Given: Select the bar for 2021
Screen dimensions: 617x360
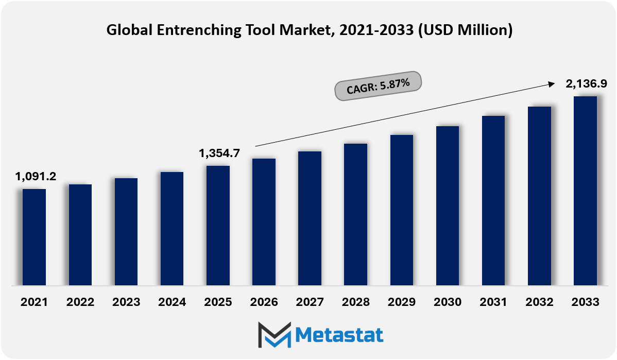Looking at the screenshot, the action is pos(34,237).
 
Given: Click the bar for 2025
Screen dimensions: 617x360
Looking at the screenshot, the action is pos(218,226).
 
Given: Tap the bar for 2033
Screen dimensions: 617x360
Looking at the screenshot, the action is pos(585,191).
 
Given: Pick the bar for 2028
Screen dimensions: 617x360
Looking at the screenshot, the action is pos(356,214).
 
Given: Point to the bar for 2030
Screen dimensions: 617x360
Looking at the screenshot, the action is pos(448,206).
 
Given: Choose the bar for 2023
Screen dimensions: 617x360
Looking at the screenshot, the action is pos(126,232).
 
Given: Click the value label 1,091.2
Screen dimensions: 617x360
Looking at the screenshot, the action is pos(36,176).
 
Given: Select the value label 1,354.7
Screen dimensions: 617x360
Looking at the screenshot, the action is pos(219,153).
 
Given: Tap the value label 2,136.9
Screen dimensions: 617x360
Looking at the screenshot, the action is pos(586,83).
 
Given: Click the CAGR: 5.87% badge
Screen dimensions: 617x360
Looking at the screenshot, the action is pos(378,86).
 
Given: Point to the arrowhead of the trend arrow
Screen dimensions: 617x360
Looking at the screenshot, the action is pos(552,83).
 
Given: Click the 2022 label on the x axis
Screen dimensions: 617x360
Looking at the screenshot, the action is pos(80,302).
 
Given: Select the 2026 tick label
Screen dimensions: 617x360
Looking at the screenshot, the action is pos(264,302).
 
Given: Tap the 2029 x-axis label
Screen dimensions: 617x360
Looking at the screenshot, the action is pos(402,302).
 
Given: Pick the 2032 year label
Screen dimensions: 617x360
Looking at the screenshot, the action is pos(539,302).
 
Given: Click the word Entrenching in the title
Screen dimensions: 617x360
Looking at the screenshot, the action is pos(199,30).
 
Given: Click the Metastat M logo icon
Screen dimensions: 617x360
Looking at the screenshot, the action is pos(275,335).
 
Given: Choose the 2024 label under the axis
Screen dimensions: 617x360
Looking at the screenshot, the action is pos(172,302).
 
